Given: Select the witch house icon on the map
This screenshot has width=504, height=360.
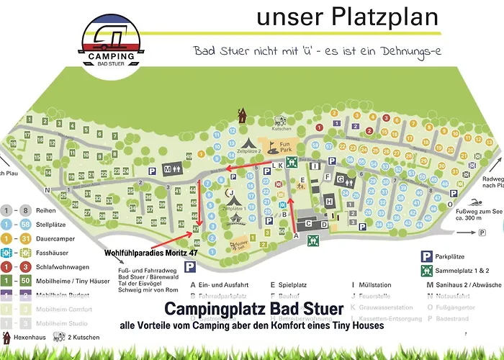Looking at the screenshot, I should tap(241, 114).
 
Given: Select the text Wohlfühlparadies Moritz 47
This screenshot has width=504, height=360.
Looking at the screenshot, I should tap(151, 253).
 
